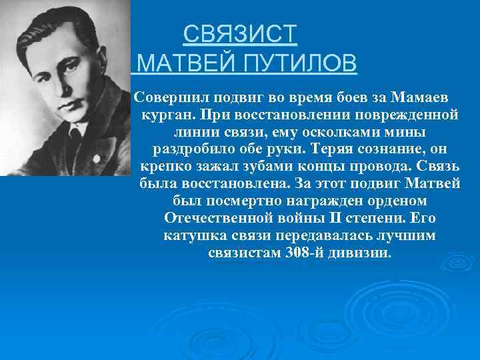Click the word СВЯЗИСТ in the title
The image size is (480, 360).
240,34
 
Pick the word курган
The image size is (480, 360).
164,114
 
